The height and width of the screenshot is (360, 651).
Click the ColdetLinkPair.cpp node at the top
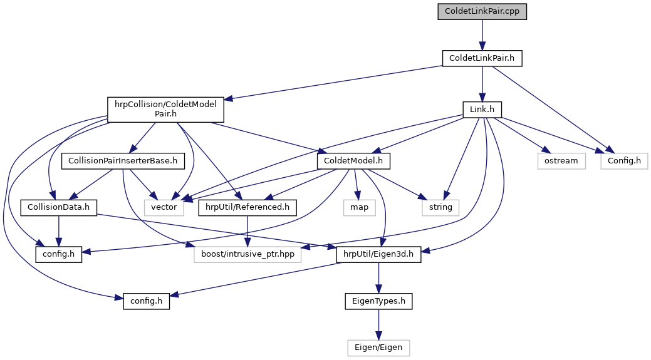[x=481, y=12]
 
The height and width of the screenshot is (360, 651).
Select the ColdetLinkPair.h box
[x=482, y=58]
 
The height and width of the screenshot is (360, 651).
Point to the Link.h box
[x=482, y=110]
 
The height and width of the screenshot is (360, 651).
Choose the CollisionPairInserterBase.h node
[x=123, y=161]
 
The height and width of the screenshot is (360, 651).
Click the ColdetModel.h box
[x=354, y=161]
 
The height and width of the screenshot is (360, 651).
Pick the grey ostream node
[x=561, y=161]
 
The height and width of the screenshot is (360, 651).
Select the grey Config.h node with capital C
[x=624, y=161]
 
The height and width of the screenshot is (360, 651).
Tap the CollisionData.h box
[x=59, y=207]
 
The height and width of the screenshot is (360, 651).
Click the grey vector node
[x=164, y=207]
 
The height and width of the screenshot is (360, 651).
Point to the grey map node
[x=359, y=207]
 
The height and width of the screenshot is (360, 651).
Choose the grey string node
[x=440, y=207]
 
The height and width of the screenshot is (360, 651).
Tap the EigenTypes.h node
[x=378, y=301]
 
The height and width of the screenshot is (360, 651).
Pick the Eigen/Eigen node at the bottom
[x=378, y=346]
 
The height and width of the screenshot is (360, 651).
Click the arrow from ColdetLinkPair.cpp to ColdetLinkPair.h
[x=481, y=35]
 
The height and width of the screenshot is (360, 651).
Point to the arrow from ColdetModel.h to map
[x=357, y=184]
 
